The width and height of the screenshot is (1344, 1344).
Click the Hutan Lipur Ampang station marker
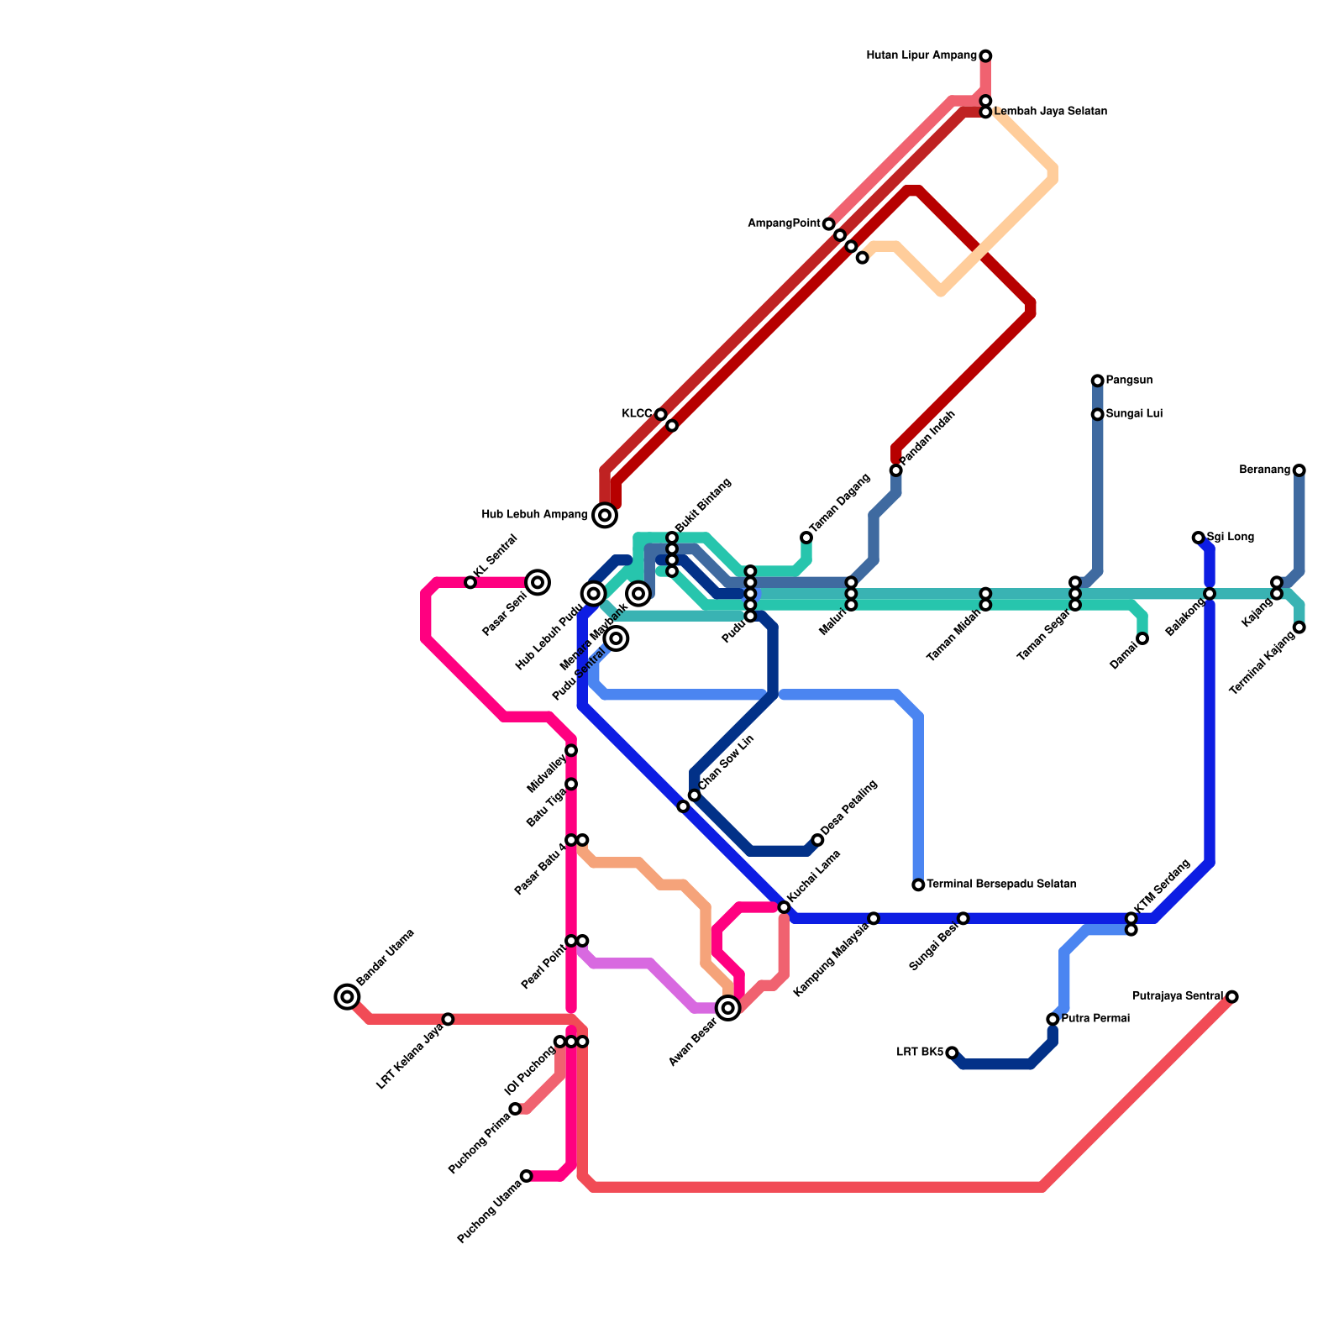[x=985, y=56]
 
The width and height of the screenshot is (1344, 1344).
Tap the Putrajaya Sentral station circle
[x=1231, y=997]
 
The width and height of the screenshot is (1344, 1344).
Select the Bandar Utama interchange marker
[x=347, y=997]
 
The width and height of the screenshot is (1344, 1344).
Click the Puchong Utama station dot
[x=526, y=1176]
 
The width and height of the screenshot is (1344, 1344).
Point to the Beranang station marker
[x=1299, y=470]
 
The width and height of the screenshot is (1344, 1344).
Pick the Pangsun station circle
[x=1097, y=381]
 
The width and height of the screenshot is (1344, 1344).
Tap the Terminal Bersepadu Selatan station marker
[x=918, y=885]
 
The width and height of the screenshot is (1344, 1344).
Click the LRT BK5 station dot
[x=952, y=1053]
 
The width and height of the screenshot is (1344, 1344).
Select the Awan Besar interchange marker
[x=728, y=1008]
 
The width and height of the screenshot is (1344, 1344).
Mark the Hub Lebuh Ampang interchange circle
[x=605, y=515]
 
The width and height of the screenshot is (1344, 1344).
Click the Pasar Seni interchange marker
[x=538, y=582]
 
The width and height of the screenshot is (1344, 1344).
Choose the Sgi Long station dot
[x=1198, y=538]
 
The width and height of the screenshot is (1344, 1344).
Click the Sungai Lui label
[x=1134, y=414]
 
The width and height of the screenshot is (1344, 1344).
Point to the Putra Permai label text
[x=1095, y=1019]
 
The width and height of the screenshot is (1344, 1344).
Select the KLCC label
[x=637, y=414]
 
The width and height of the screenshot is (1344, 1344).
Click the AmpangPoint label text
[x=784, y=223]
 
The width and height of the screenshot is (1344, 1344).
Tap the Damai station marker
[x=1142, y=639]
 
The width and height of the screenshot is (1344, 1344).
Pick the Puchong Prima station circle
[x=516, y=1109]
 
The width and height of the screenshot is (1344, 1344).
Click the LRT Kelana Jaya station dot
[x=448, y=1019]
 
